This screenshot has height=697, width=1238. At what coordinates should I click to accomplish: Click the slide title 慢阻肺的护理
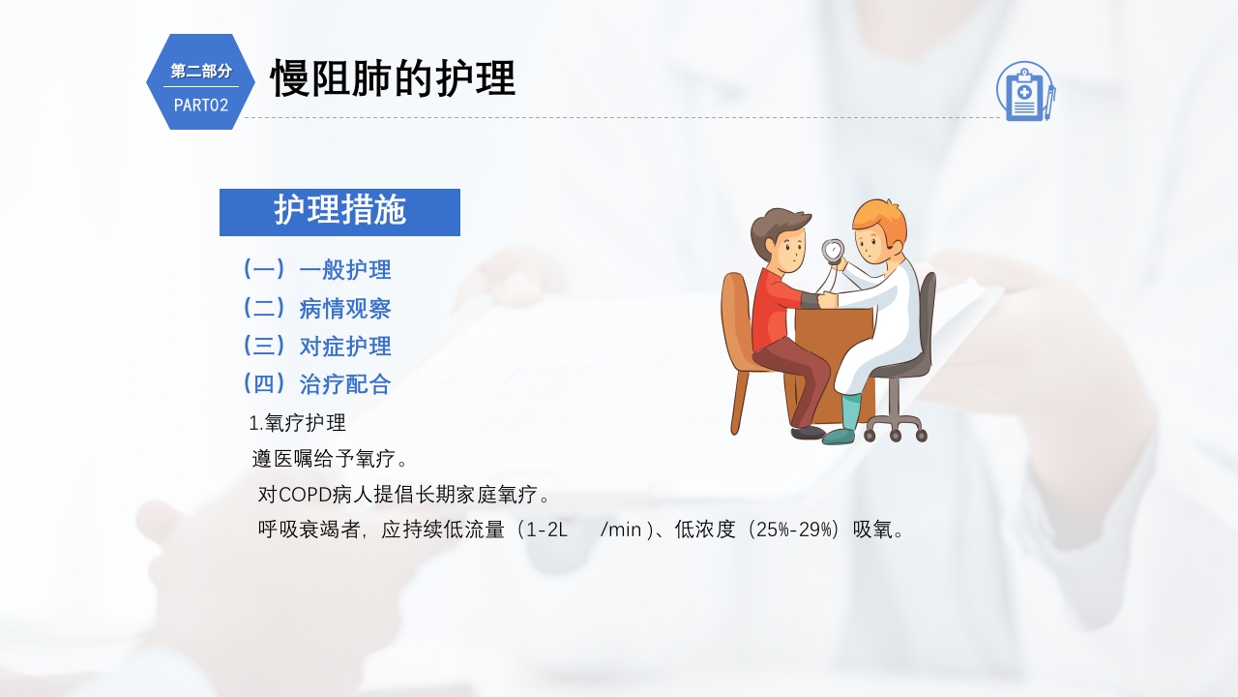pos(392,78)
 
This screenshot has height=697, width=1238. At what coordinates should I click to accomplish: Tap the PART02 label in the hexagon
pos(201,106)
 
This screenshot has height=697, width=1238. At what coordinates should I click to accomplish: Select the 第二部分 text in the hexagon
pos(201,71)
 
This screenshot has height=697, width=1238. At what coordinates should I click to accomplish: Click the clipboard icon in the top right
pos(1024,92)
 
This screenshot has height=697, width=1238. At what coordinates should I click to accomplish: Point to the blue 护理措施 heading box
pos(339,212)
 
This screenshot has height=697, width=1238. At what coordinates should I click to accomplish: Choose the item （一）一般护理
pos(316,270)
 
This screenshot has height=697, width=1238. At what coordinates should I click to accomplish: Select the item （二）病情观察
pos(316,309)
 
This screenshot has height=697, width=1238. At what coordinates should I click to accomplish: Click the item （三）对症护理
pos(316,347)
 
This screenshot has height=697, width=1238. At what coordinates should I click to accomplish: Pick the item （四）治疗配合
pos(316,384)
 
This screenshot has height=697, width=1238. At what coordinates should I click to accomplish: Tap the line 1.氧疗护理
pos(298,423)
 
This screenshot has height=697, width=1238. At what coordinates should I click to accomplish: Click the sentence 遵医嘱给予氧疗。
pos(330,459)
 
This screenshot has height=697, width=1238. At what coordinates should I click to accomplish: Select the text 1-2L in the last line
pos(547,530)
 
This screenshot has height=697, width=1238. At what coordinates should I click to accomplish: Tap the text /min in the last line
pos(621,530)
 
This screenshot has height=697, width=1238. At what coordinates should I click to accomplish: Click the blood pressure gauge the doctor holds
pos(833,251)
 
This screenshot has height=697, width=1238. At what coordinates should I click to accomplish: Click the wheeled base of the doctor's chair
pos(895,427)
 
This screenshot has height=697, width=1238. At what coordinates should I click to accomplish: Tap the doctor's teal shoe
pos(840,437)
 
